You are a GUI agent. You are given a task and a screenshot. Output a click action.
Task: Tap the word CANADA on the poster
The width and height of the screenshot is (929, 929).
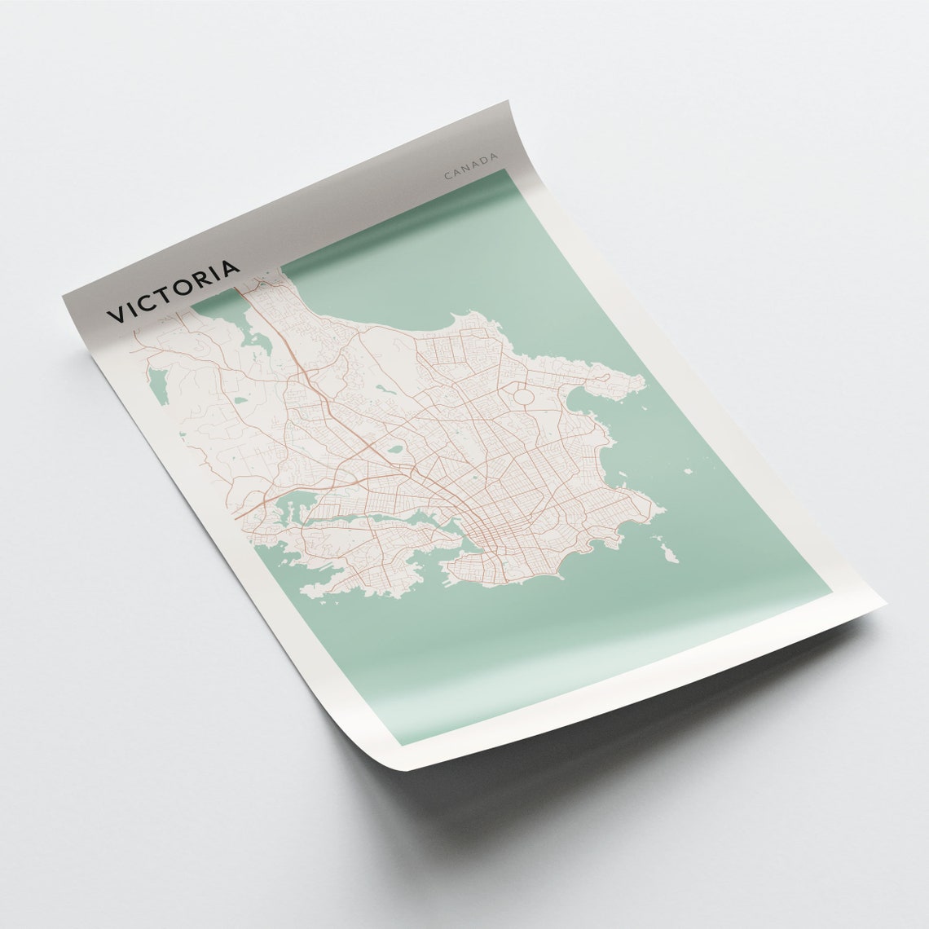coord(471,165)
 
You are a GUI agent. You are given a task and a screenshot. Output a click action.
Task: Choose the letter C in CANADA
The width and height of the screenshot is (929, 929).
coord(447,175)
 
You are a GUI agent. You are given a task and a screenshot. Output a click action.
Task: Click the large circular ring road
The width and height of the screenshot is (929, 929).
coord(522,398)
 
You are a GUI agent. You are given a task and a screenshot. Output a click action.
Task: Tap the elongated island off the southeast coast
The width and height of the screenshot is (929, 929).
coord(668,555)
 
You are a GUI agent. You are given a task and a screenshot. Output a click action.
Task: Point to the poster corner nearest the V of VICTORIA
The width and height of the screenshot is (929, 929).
coord(64,298)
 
